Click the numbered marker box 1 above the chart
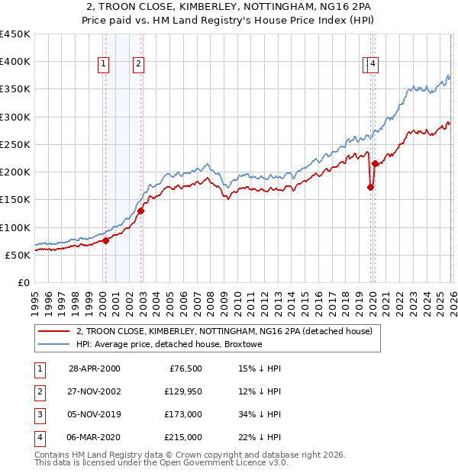(x=103, y=65)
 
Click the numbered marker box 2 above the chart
(x=138, y=65)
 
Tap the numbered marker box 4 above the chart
(x=373, y=65)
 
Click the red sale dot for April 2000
(x=106, y=240)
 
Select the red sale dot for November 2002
(x=140, y=211)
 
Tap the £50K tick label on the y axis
(x=18, y=255)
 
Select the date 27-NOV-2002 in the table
(x=95, y=392)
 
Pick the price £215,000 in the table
(x=183, y=438)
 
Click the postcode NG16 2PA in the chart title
(x=329, y=8)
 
